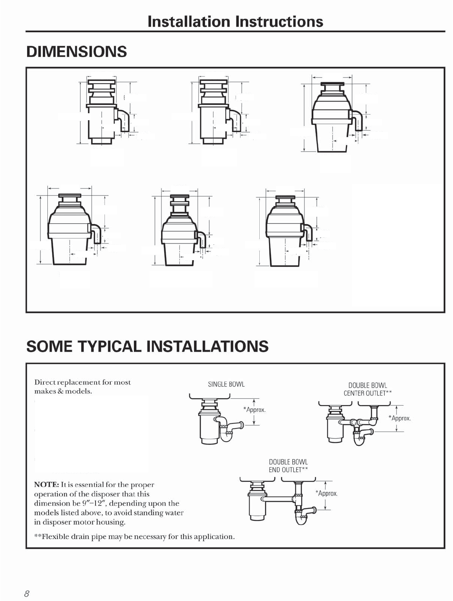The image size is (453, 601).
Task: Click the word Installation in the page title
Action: (189, 21)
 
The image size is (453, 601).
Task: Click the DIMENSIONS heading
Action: (76, 52)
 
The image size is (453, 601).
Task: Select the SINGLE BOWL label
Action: (226, 384)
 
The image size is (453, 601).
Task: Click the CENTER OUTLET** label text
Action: (368, 393)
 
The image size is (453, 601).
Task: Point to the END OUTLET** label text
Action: (288, 470)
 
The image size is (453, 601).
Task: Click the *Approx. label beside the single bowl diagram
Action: (254, 410)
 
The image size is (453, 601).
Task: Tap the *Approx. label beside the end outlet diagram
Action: (326, 493)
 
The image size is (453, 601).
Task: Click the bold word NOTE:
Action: (46, 485)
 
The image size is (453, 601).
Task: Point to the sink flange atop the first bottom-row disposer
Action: (69, 196)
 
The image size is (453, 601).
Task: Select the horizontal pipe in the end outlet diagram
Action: (277, 499)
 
